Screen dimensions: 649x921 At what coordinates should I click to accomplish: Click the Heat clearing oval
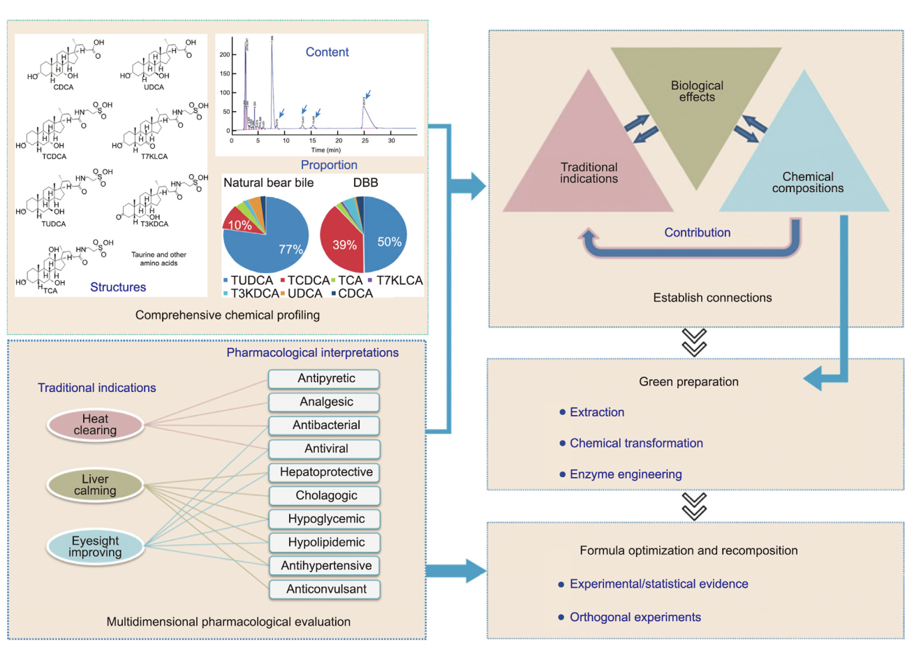coord(96,425)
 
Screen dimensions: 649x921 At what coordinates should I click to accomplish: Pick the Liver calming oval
coord(96,485)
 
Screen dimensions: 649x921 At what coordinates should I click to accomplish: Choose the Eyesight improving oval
coord(96,546)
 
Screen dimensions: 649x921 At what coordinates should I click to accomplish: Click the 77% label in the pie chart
coord(290,249)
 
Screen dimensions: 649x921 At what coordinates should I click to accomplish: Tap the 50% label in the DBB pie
coord(389,242)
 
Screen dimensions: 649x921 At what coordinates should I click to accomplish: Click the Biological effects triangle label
coord(697,92)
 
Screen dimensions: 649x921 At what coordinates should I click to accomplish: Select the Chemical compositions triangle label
coord(808,182)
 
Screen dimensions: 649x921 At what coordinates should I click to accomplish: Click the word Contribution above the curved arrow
coord(697,233)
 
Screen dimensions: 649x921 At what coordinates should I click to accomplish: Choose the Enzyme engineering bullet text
coord(626,474)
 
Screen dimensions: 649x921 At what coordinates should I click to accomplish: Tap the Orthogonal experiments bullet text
coord(635,617)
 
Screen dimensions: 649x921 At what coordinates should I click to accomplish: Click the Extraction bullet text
coord(597,412)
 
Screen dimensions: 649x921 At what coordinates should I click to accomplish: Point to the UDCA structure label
coord(154,87)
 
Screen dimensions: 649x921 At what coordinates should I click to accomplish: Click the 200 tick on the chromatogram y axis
coord(225,54)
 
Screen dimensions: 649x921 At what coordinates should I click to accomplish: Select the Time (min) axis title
coord(325,150)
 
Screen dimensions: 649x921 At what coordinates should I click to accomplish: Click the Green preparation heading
coord(688,381)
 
